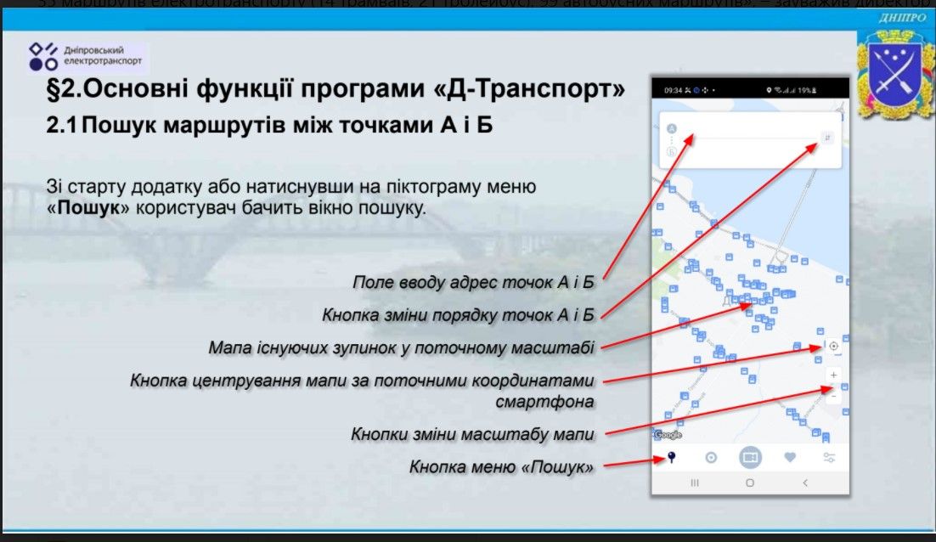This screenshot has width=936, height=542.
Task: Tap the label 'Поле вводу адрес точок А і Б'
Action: point(473,282)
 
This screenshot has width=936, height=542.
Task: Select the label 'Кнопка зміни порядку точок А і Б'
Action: point(457,315)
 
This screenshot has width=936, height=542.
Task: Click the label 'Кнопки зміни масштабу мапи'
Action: point(472,434)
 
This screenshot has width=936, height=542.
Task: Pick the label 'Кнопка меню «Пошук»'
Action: point(501,466)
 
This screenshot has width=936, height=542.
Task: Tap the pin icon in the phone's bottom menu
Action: point(671,458)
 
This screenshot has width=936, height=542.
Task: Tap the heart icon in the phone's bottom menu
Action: point(790,458)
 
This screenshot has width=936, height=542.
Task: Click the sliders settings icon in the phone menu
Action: point(829,458)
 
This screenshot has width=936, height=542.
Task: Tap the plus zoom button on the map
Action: point(833,375)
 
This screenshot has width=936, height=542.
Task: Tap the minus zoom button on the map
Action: point(833,396)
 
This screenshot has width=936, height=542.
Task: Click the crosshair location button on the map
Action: point(833,346)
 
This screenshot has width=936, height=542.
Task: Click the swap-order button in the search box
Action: point(827,138)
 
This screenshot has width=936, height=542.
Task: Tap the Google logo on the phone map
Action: point(668,435)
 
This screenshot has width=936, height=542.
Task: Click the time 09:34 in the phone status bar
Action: point(672,89)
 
